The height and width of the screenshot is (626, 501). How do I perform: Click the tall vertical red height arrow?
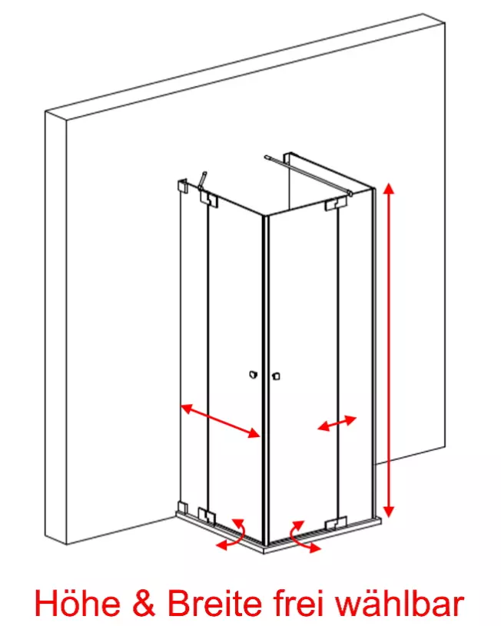coord(389,350)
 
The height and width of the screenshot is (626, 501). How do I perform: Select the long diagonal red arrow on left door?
coord(221,421)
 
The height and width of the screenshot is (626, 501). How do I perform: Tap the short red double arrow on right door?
coord(337,423)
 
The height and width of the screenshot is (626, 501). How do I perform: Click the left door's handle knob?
coord(253,375)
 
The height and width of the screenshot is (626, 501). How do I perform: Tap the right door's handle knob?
coord(276,376)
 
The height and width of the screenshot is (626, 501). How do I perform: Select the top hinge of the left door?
coord(208,199)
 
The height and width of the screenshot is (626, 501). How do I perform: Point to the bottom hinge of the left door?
coord(207,515)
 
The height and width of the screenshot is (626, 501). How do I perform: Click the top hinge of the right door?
coord(336,204)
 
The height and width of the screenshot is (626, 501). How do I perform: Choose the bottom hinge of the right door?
coord(336,522)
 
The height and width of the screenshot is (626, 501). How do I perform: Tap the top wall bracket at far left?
coord(182,186)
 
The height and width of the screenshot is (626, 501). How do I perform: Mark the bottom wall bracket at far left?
coord(182,508)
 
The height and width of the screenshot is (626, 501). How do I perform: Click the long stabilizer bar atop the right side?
coord(308,176)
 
